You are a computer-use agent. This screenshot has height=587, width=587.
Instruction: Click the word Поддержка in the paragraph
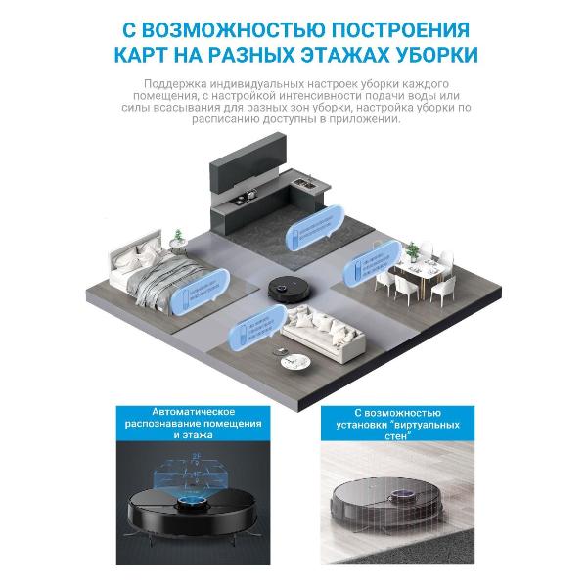pyautogui.click(x=177, y=85)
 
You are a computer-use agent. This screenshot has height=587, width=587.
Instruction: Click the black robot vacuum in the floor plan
pyautogui.click(x=292, y=287)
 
